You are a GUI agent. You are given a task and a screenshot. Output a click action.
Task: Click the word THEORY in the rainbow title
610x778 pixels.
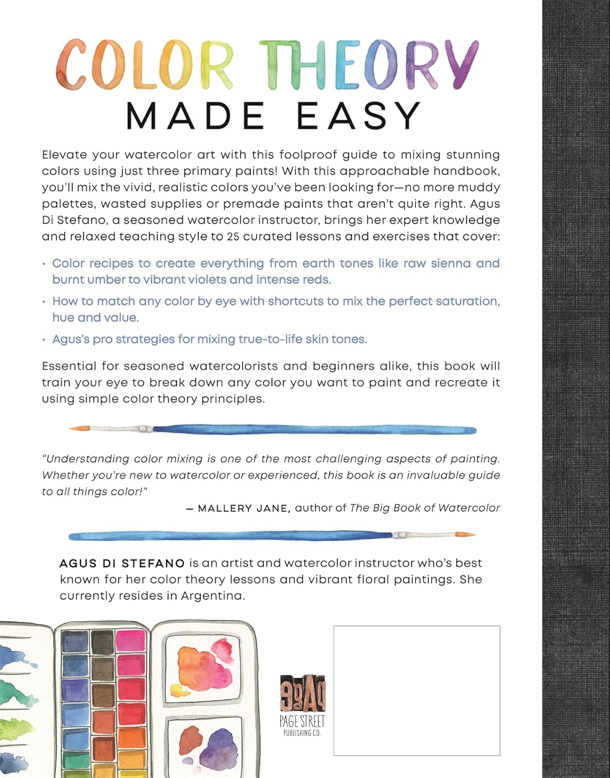point(368,64)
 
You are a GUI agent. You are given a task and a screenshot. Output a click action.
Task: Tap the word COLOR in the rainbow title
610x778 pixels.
point(145,64)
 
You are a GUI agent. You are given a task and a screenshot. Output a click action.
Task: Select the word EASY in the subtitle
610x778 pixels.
point(359,116)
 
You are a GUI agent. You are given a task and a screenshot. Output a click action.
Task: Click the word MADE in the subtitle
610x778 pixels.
point(195,116)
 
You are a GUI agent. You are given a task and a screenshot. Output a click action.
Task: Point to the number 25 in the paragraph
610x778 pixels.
point(234,237)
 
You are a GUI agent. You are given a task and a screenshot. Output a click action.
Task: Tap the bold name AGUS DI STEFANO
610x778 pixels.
point(122,563)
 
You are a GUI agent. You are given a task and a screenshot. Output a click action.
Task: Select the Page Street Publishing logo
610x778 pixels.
point(302,705)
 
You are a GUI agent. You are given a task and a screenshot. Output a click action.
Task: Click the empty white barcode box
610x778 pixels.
point(416,690)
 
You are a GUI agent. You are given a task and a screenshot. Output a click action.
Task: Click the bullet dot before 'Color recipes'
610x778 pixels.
point(45,264)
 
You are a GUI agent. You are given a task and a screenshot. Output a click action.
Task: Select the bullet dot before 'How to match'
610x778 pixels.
point(45,302)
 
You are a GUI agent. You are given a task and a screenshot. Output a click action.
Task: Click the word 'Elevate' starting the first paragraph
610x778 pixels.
point(64,155)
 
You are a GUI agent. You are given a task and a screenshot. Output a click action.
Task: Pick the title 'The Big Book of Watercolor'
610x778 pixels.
point(425,508)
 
